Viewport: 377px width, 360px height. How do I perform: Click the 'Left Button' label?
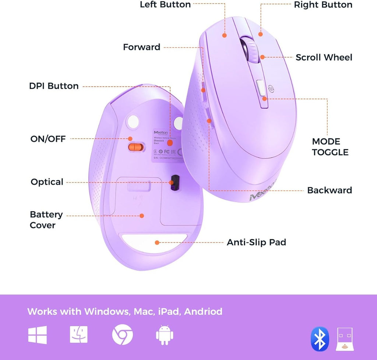pyautogui.click(x=165, y=5)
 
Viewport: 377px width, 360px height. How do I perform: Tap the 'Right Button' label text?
pyautogui.click(x=323, y=5)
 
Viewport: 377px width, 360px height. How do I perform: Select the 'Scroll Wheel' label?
pyautogui.click(x=324, y=57)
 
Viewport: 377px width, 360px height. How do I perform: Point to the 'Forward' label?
pyautogui.click(x=142, y=47)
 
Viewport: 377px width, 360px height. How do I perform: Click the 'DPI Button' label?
pyautogui.click(x=54, y=86)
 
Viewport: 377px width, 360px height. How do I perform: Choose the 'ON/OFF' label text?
pyautogui.click(x=48, y=139)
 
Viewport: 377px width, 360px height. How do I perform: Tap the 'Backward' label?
pyautogui.click(x=330, y=190)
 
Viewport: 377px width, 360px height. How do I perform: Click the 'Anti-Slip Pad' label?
pyautogui.click(x=256, y=242)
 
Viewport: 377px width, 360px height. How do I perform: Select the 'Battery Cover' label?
pyautogui.click(x=46, y=220)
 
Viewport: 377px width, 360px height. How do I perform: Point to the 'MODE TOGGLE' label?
pyautogui.click(x=330, y=147)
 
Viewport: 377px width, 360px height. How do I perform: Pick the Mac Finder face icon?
pyautogui.click(x=79, y=335)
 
